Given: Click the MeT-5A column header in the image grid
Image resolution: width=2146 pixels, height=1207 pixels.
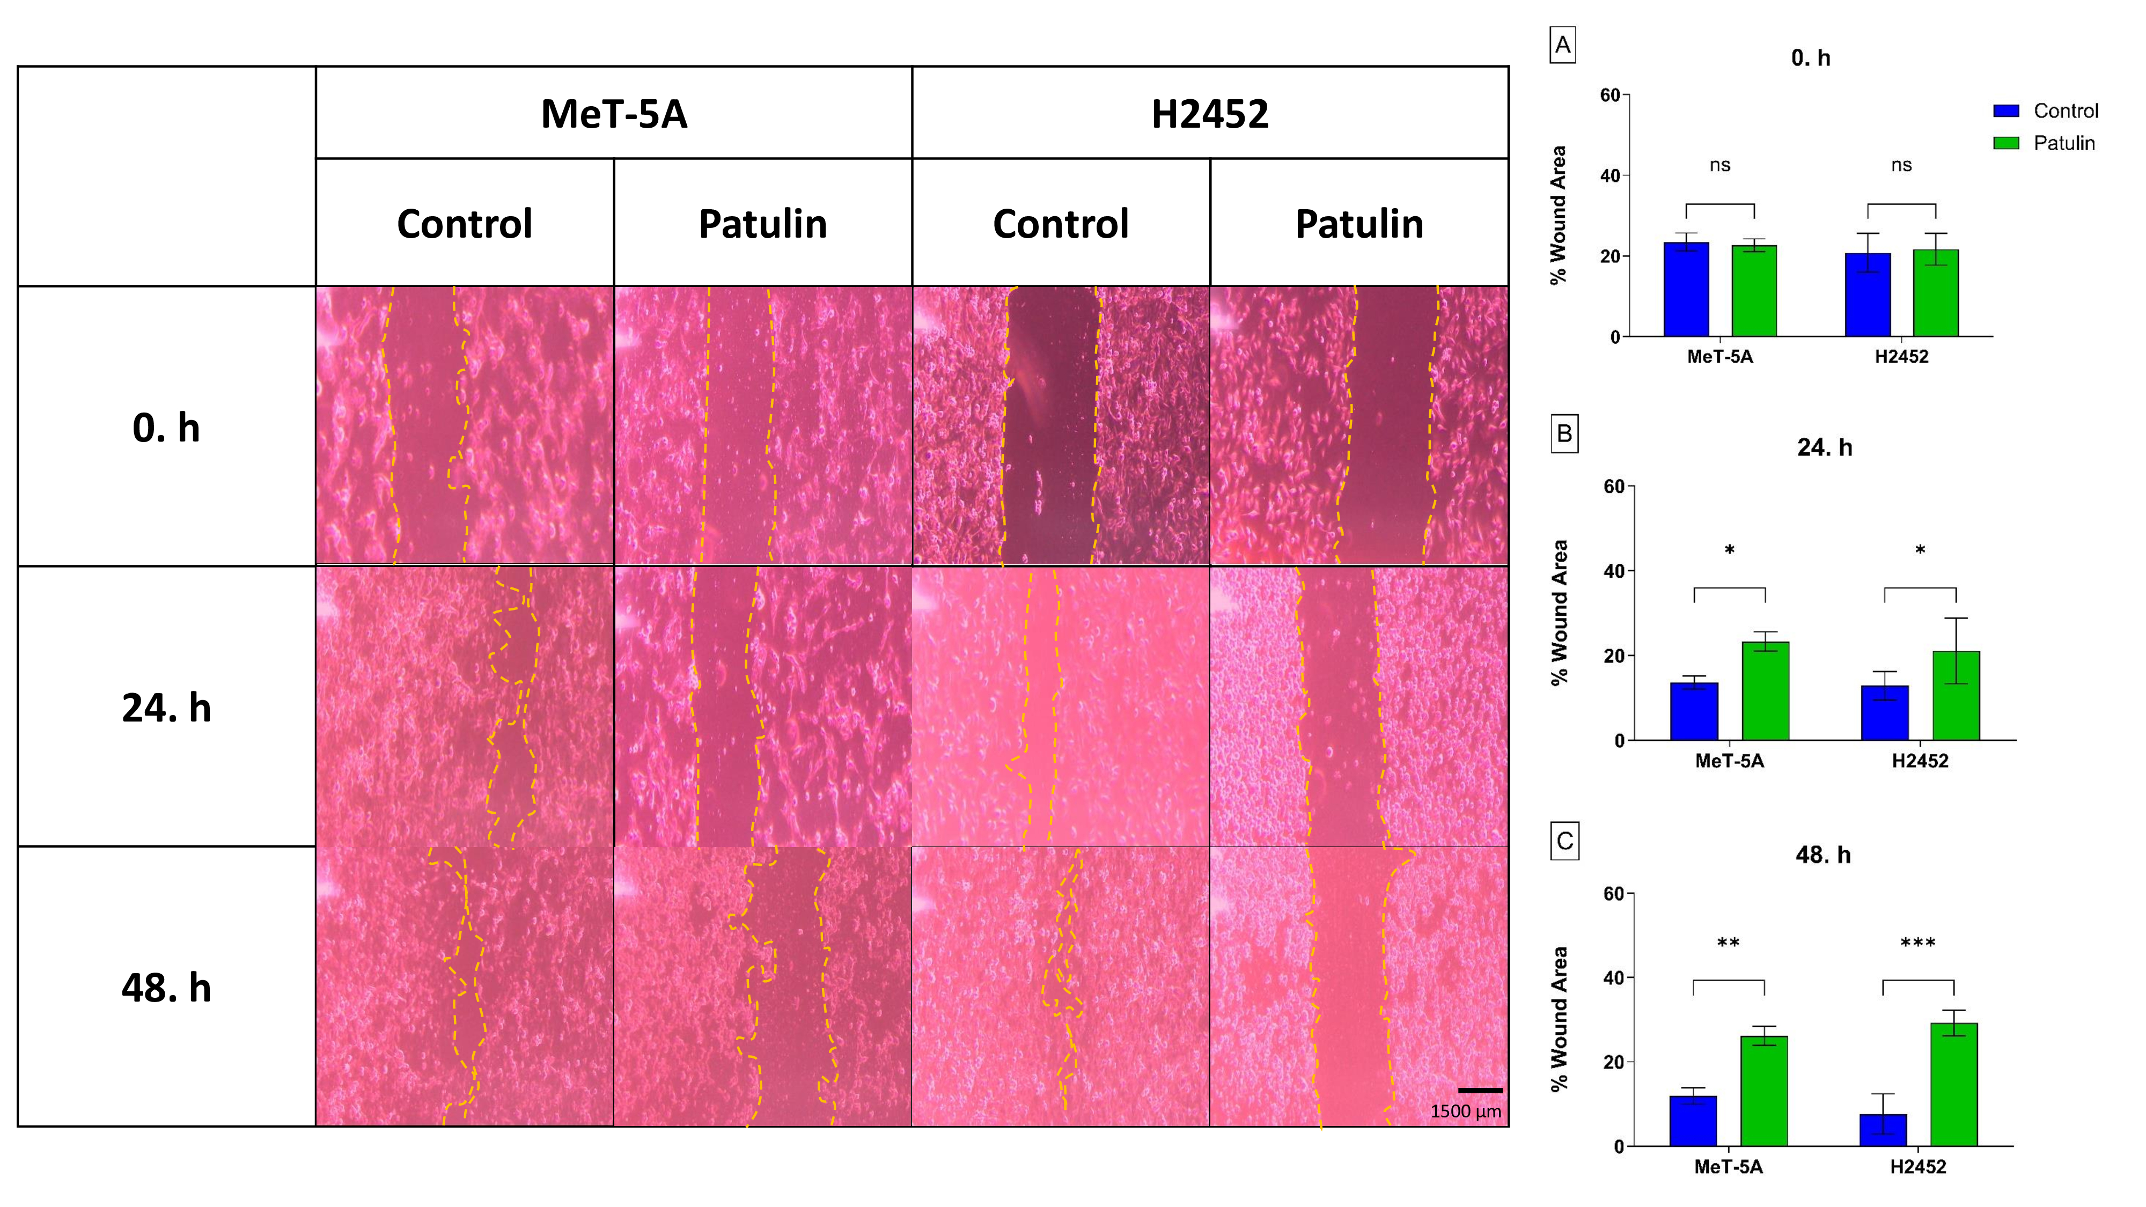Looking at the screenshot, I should coord(614,114).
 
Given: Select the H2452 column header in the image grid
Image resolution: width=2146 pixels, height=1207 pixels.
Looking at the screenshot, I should coord(1210,114).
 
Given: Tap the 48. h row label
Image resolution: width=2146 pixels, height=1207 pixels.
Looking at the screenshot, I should coord(167,988).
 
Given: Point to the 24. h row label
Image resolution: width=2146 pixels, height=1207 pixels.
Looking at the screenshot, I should coord(167,708).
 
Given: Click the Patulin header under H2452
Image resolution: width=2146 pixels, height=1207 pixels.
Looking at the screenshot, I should coord(1359,224).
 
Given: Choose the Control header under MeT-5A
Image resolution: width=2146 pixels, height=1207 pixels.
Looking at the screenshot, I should coord(464,224).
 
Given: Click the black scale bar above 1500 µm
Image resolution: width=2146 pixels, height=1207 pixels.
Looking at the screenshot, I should coord(1480,1090).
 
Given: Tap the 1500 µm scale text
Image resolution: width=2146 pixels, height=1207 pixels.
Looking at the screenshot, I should coord(1465,1111).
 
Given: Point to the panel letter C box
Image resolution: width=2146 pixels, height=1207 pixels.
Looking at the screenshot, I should coord(1564,841).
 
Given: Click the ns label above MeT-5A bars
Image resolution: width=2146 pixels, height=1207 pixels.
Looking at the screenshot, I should coord(1719,165).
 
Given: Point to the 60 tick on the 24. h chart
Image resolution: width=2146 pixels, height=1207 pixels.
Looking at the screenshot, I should coord(1614,487).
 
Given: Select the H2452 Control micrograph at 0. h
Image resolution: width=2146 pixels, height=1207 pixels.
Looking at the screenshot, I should coord(1061,425).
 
